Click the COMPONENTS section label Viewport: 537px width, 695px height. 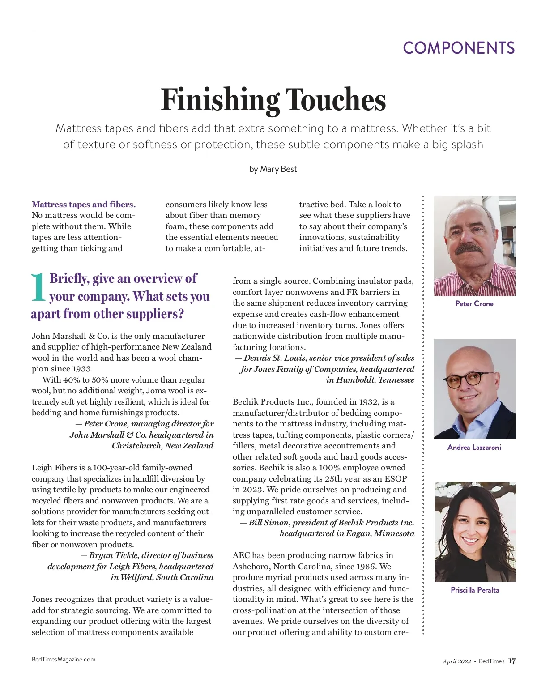coord(459,48)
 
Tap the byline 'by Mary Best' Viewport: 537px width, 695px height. coord(273,169)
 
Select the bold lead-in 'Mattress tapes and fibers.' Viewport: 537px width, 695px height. coord(84,205)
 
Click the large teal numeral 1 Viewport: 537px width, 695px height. coord(38,287)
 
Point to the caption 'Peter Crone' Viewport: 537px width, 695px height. coord(474,303)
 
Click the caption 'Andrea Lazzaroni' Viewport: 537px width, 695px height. coord(474,447)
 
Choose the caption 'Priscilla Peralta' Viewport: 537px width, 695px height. coord(475,590)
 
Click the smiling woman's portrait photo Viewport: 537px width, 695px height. coord(475,531)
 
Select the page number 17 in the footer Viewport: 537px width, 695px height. coord(512,661)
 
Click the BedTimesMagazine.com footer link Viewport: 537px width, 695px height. coord(64,659)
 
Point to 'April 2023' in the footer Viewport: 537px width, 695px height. coord(456,661)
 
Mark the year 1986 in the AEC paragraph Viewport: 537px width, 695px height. coord(366,566)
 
